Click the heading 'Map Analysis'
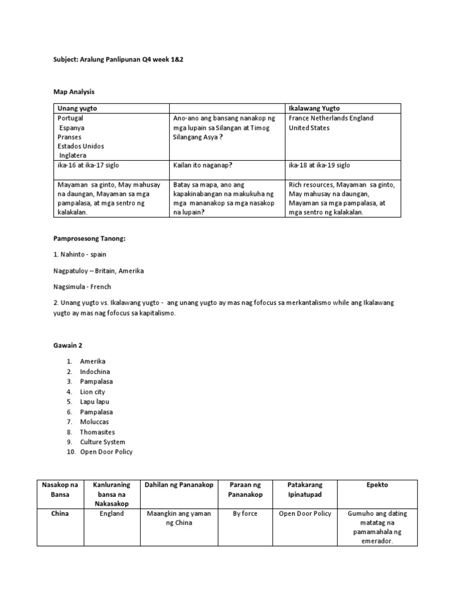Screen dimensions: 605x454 coord(74,92)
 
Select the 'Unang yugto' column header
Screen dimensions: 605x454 coord(77,109)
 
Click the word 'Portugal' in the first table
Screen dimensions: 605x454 coord(71,118)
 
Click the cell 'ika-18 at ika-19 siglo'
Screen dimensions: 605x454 coord(319,165)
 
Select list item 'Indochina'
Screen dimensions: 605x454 coord(95,372)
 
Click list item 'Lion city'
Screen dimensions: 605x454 coord(93,392)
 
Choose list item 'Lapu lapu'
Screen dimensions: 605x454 coord(95,402)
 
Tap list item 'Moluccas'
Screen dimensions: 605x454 coord(95,422)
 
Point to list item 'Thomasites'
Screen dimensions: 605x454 coord(98,432)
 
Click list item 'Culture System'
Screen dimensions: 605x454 coord(103,442)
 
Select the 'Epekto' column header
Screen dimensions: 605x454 coord(378,485)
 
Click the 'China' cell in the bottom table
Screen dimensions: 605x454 coord(60,513)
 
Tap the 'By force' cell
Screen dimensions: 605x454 coord(245,513)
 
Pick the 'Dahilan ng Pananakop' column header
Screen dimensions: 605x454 coord(179,485)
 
